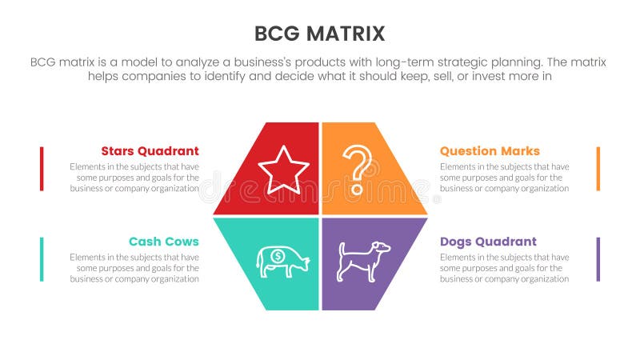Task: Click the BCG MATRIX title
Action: click(319, 34)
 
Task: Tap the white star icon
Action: click(283, 170)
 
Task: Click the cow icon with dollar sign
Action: click(282, 261)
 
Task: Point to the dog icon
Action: click(362, 261)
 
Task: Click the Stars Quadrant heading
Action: click(150, 151)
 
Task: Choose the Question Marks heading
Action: click(490, 151)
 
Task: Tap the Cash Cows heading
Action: click(163, 242)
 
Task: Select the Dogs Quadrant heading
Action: click(488, 242)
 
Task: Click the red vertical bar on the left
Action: click(42, 169)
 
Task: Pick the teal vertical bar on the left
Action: click(42, 259)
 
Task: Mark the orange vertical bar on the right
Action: click(598, 169)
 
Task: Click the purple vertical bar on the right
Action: click(598, 259)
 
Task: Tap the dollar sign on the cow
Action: click(276, 257)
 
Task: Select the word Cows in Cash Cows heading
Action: click(181, 242)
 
